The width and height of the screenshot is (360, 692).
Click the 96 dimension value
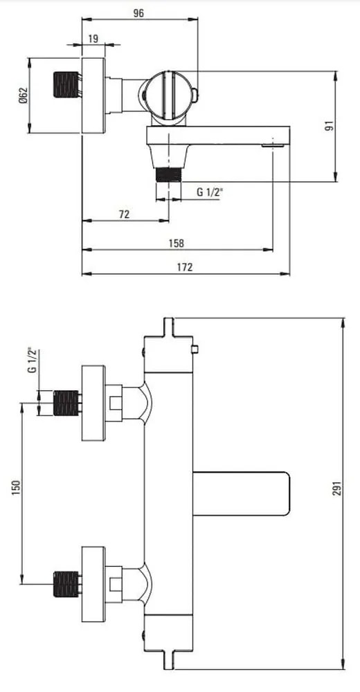138,13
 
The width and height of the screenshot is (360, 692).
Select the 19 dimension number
93,39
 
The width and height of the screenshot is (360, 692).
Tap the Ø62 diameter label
24,95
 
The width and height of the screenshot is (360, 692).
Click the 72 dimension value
125,215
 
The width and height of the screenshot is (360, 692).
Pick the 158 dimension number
177,243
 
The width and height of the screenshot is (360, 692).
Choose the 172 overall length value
185,267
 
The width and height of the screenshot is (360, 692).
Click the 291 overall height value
336,493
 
